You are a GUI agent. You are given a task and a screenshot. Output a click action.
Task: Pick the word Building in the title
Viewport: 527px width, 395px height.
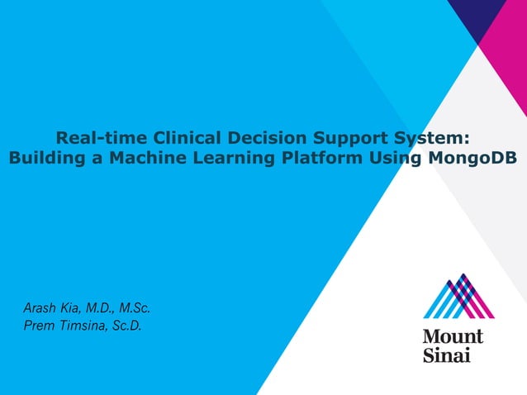42,158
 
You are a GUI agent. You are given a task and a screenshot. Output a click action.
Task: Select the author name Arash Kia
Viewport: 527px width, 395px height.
51,309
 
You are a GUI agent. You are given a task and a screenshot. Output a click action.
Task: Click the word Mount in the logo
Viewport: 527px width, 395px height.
453,336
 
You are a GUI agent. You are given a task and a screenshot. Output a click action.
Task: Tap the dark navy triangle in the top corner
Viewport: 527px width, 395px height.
483,15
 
